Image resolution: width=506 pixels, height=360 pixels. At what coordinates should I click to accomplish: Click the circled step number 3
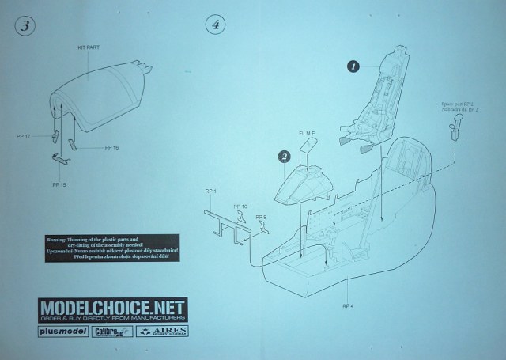[26, 25]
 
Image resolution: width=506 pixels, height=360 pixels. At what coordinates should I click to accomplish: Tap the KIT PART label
[89, 48]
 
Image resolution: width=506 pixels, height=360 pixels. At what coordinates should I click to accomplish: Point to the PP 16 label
[111, 147]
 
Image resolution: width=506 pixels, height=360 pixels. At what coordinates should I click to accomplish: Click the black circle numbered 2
[282, 156]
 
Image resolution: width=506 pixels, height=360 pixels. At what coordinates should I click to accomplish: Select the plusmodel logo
[62, 332]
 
